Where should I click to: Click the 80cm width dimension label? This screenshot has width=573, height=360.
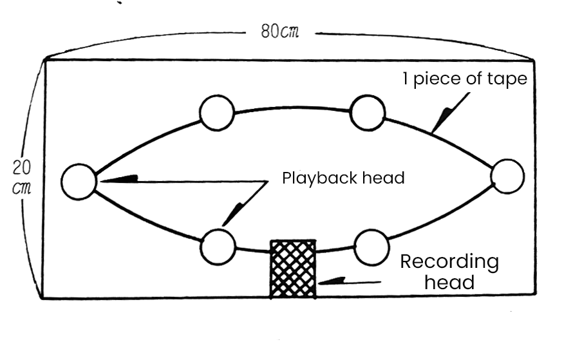click(x=280, y=32)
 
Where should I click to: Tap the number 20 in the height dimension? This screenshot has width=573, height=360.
click(x=21, y=167)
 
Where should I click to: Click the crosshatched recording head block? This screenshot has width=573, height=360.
click(x=293, y=269)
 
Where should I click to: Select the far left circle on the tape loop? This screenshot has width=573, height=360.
click(x=79, y=181)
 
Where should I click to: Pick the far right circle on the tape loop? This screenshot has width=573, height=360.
click(x=507, y=176)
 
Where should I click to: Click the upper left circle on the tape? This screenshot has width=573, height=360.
click(x=216, y=113)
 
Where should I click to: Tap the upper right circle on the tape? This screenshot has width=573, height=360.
click(x=368, y=112)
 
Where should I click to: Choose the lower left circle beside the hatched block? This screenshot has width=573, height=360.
click(x=218, y=247)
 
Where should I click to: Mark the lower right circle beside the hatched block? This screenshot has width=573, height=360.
click(x=371, y=247)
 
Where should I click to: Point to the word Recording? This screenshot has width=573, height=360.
click(x=449, y=262)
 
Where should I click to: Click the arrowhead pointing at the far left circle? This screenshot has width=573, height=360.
click(x=126, y=178)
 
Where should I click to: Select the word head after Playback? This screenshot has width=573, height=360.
click(x=386, y=178)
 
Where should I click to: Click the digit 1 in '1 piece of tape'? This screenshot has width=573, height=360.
click(x=406, y=80)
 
